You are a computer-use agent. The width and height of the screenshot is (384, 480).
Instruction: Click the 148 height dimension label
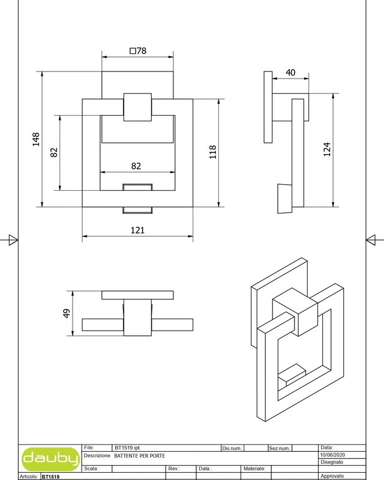click(36, 139)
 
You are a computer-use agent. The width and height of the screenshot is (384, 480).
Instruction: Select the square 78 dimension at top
click(138, 51)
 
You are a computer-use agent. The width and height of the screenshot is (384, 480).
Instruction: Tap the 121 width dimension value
click(137, 230)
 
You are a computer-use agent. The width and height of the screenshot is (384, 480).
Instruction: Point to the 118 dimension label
click(213, 152)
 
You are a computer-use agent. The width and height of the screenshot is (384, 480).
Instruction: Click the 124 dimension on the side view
click(327, 149)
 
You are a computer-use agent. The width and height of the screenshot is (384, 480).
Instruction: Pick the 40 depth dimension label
click(290, 73)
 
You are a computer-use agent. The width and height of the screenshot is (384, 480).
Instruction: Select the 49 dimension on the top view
click(67, 313)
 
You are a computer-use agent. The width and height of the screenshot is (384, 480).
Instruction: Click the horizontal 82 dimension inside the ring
click(136, 166)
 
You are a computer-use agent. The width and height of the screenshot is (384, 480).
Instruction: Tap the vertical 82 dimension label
click(54, 152)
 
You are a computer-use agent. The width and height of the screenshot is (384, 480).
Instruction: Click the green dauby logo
click(50, 459)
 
